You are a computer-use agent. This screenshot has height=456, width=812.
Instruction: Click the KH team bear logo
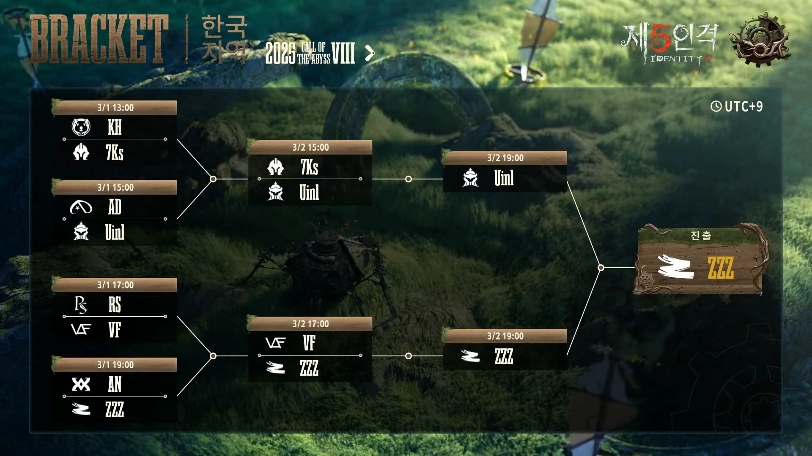pos(81,127)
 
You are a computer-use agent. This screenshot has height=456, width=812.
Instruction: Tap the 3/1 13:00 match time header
pos(115,108)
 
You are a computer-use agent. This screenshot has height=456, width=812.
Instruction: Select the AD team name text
pos(115,207)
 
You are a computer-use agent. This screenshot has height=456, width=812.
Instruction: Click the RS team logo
pos(81,304)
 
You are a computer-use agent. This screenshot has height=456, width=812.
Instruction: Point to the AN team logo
pos(81,384)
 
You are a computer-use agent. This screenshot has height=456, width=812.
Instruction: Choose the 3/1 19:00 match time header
pos(115,365)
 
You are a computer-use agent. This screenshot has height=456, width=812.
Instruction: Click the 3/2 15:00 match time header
pos(310,147)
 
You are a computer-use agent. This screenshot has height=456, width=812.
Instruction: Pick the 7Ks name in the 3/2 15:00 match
pos(309,167)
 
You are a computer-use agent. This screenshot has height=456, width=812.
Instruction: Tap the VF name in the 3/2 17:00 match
pos(309,343)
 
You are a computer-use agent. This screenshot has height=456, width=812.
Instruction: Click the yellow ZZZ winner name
pos(721,268)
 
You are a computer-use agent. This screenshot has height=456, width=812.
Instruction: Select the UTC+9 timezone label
pos(743,106)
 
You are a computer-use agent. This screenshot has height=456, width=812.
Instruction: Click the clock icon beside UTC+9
pos(716,106)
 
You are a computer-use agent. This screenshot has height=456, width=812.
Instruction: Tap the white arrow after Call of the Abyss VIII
pos(370,53)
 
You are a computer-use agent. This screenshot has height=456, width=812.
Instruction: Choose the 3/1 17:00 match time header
pos(115,285)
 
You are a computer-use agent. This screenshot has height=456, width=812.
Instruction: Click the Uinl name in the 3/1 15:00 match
pos(115,232)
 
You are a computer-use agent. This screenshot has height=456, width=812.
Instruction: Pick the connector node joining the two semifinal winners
pos(601,268)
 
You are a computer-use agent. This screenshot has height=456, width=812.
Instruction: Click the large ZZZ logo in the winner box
pos(675,267)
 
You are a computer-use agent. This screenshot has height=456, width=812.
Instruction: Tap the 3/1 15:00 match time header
pos(115,187)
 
